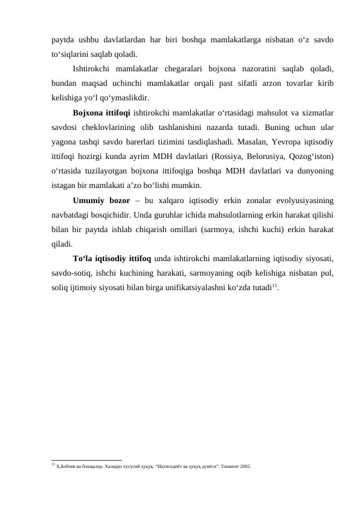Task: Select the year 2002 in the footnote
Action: (x=244, y=467)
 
